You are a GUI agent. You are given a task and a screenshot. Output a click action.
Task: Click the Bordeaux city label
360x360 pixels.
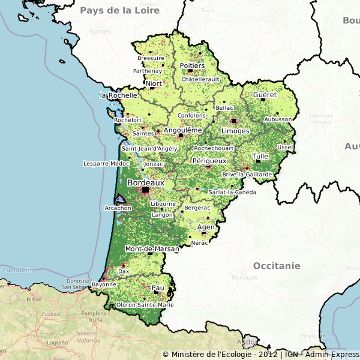(x=146, y=182)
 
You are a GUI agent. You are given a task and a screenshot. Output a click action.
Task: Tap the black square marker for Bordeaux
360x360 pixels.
(x=145, y=190)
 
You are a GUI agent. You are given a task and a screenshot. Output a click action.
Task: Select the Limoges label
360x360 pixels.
(x=235, y=130)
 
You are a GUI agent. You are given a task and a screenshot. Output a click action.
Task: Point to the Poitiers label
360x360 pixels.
(x=192, y=65)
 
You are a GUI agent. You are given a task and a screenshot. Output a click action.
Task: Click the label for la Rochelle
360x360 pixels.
(x=118, y=95)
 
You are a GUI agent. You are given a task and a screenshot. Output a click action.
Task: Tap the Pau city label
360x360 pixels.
(x=158, y=288)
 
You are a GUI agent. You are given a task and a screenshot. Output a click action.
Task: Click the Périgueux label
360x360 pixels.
(x=209, y=161)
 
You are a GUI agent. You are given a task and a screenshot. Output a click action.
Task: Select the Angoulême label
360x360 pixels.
(x=182, y=130)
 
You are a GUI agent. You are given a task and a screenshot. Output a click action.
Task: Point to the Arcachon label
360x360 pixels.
(x=118, y=208)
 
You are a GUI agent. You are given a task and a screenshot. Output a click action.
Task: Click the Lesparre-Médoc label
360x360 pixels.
(x=106, y=163)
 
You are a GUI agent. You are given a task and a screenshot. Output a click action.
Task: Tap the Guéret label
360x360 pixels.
(x=265, y=95)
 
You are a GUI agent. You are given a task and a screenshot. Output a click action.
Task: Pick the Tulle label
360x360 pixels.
(x=260, y=156)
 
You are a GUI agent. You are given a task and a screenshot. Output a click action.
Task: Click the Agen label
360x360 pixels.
(x=206, y=227)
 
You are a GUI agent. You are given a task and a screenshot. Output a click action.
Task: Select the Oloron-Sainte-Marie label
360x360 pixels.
(x=146, y=305)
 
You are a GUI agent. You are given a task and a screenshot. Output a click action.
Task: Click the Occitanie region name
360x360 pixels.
(x=276, y=265)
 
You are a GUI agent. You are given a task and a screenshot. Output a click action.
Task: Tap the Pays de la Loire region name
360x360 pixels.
(x=120, y=10)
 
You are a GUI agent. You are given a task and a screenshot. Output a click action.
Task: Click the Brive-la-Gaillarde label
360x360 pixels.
(x=247, y=175)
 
